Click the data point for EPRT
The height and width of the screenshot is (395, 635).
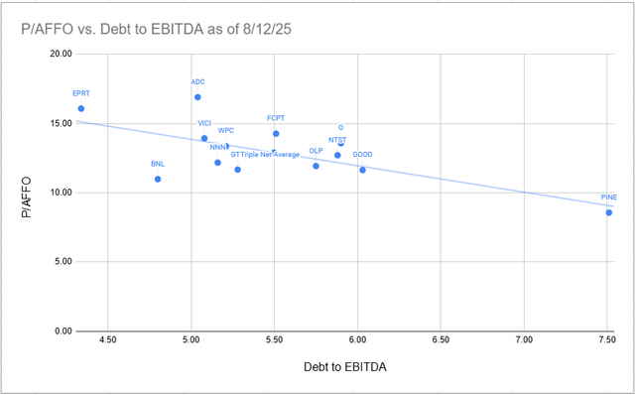(x=81, y=109)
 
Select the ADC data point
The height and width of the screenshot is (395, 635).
(x=197, y=97)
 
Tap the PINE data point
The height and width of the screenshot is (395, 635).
(x=608, y=212)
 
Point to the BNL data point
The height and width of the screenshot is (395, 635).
(x=158, y=180)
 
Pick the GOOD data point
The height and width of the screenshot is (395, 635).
(x=362, y=170)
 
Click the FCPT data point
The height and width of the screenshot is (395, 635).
(x=276, y=133)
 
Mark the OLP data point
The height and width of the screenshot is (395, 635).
(x=316, y=166)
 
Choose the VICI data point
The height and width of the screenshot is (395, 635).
(x=204, y=138)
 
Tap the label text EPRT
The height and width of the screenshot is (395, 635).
(x=81, y=93)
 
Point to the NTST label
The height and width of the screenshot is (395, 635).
(x=337, y=140)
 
